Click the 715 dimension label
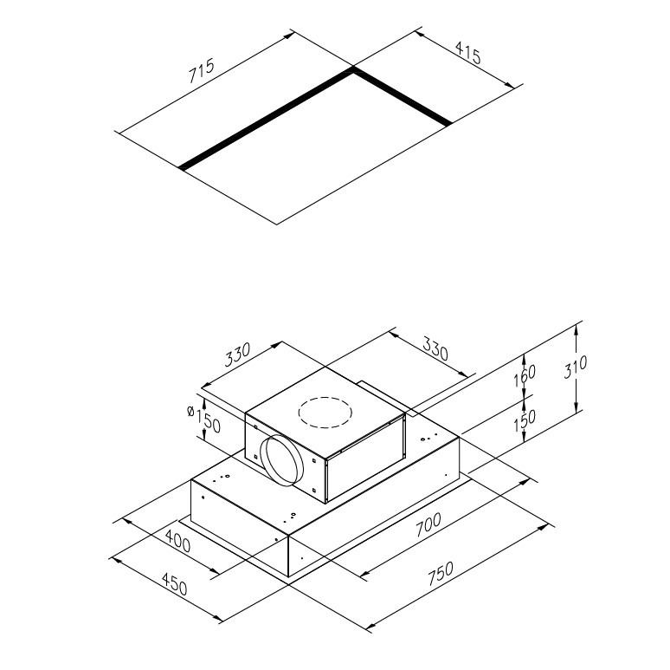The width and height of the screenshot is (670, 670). pos(201,70)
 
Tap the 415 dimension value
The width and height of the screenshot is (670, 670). pos(468,53)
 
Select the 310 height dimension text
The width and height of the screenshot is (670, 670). pos(575,368)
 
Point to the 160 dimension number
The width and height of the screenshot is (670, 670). pos(525,375)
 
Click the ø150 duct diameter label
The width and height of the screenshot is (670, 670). pos(203,419)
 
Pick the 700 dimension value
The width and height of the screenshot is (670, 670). pos(428,524)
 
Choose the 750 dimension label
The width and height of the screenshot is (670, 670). pos(440,573)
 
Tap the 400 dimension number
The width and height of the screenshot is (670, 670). pos(177,541)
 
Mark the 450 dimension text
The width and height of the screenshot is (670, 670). pos(174,584)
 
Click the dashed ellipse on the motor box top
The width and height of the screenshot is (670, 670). pos(325,413)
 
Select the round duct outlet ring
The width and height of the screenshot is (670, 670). pos(281,460)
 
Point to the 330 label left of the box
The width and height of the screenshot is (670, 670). pos(237,355)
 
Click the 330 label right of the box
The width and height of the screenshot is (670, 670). pos(435,348)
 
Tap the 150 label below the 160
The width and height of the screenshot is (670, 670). pos(525,421)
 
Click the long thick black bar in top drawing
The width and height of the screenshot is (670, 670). pos(267,120)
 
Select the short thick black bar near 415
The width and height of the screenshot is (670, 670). pos(402,98)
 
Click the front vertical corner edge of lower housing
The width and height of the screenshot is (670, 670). pos(288,556)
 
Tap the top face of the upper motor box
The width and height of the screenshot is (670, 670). pos(325,412)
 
